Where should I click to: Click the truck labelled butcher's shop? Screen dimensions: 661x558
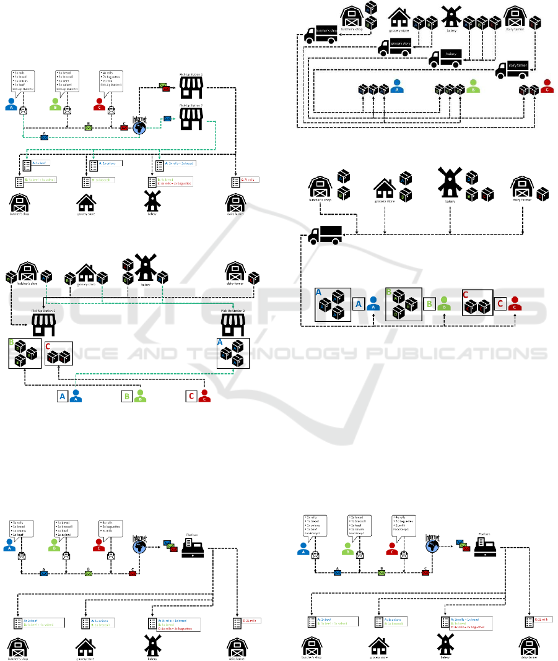click(320, 35)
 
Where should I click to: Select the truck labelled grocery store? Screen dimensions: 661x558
click(395, 45)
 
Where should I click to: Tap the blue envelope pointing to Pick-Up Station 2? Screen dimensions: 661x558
click(167, 118)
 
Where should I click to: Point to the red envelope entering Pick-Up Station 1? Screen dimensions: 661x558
click(166, 89)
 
